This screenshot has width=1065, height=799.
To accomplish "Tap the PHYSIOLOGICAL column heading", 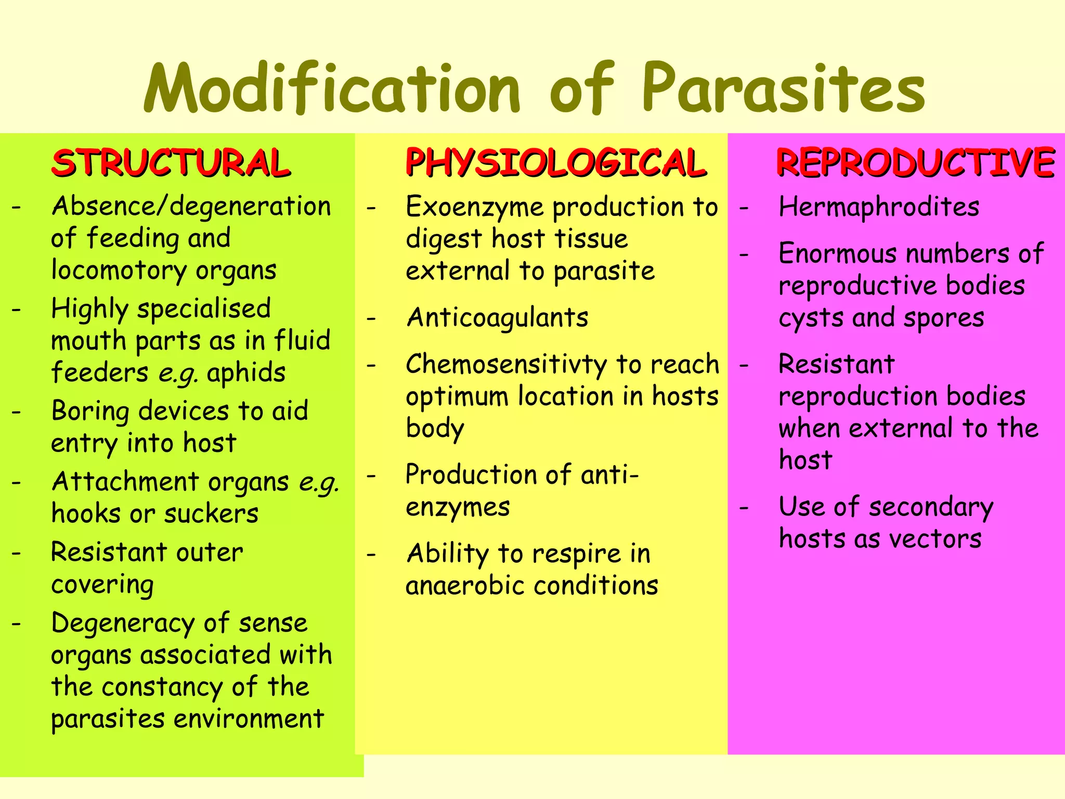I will [x=555, y=163].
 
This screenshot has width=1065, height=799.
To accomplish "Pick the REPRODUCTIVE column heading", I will [x=915, y=163].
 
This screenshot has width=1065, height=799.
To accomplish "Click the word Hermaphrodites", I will [x=879, y=207].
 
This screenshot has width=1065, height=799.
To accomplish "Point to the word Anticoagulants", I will [x=497, y=318].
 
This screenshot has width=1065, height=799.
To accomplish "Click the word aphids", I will [x=246, y=373].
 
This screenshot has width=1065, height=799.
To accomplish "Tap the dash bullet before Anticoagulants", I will [x=371, y=318].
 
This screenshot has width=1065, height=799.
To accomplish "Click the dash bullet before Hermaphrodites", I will [x=744, y=208].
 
